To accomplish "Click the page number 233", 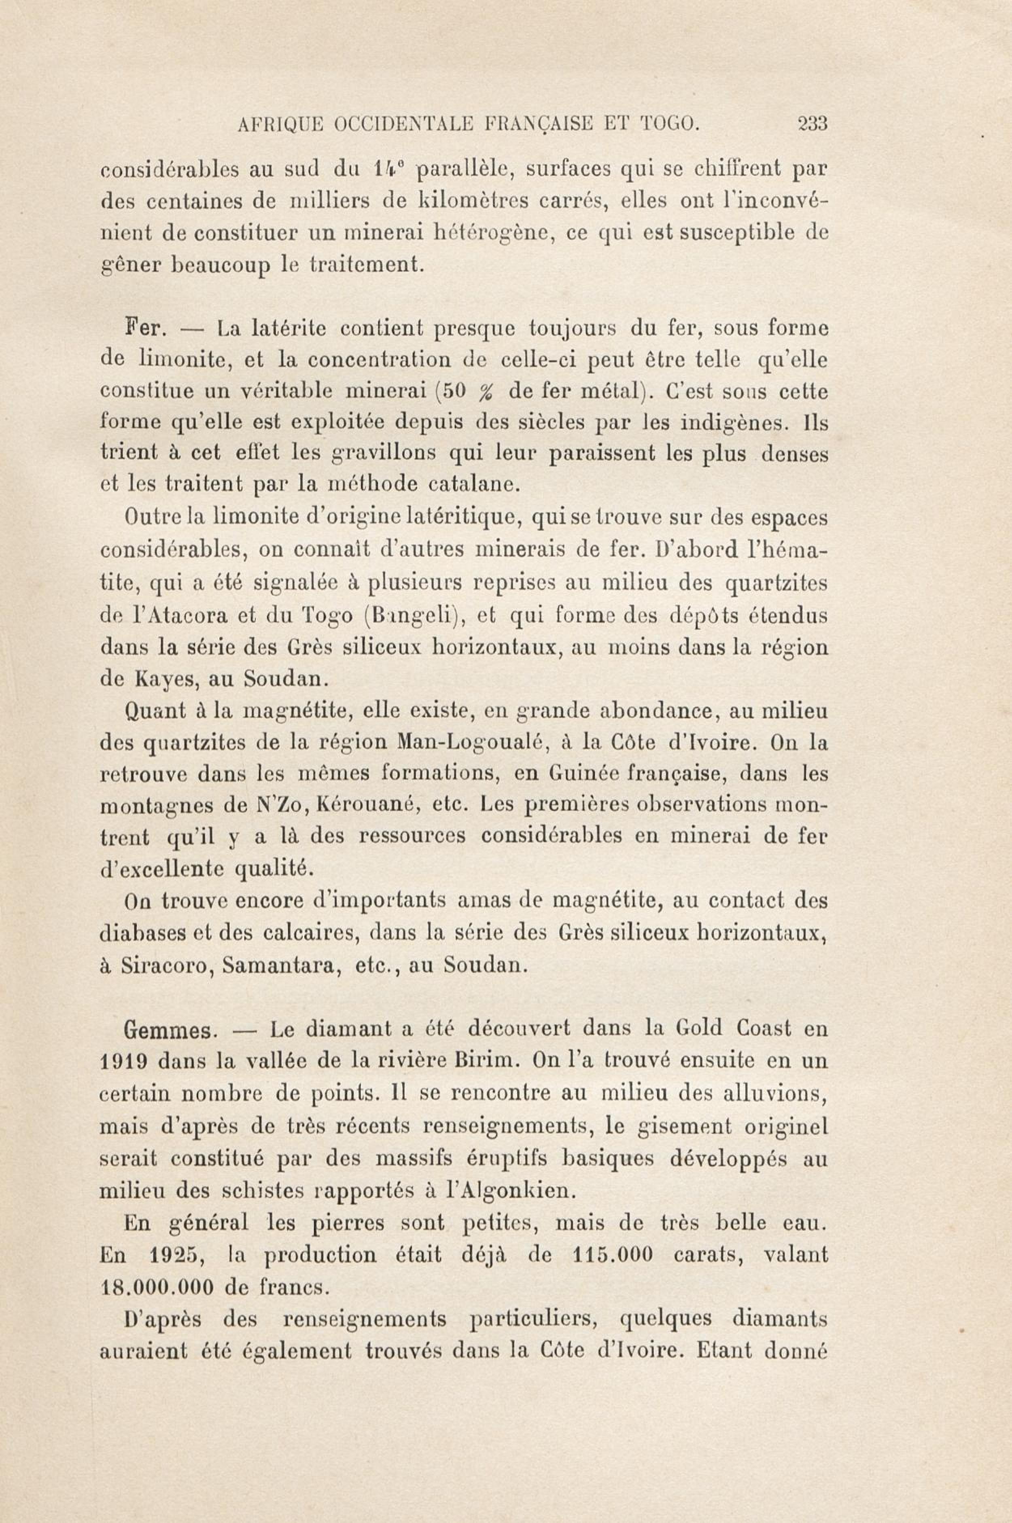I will coord(813,123).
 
